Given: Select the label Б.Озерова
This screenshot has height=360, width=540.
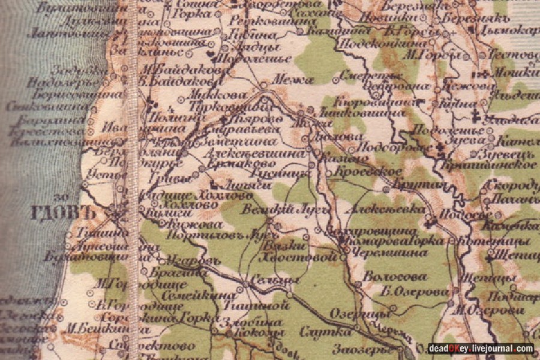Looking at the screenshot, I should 415,292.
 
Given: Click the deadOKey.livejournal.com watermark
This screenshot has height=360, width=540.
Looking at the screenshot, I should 480,349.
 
